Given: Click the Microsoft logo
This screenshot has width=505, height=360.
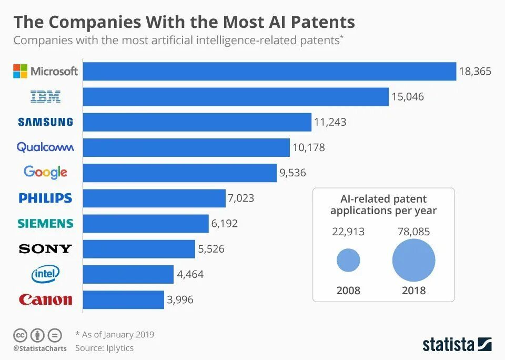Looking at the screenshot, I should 45,71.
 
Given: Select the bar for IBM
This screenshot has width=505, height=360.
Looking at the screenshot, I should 236,97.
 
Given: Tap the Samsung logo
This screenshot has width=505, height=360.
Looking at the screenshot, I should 45,122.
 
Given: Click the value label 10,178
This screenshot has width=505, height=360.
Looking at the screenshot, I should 308,148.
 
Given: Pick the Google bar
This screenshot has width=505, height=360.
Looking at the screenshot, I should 180,173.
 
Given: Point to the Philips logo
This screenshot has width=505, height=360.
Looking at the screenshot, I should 45,198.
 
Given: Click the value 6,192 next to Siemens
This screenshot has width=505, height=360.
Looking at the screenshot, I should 225,224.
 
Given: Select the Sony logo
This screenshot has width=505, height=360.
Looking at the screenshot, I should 45,249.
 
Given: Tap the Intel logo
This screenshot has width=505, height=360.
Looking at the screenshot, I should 46,274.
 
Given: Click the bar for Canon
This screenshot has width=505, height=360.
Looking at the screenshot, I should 124,300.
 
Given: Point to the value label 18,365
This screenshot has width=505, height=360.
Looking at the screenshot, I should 475,72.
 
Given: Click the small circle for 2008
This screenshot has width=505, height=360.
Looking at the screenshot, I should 348,261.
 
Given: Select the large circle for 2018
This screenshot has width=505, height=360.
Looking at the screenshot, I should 414,261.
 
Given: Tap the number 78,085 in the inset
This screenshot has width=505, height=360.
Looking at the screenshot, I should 414,232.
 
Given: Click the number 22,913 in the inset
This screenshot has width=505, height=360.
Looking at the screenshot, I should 348,232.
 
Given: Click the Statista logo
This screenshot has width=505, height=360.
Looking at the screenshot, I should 457,345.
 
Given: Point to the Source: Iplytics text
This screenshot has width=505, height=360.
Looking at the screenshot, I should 105,348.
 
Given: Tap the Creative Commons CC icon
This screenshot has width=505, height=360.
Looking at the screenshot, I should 20,335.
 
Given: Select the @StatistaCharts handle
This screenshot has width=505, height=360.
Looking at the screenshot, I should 40,348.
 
